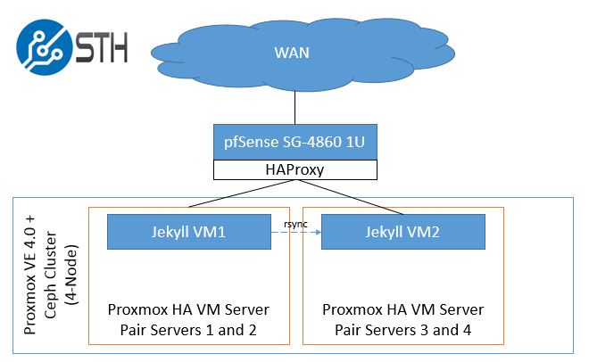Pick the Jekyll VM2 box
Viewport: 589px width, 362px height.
[x=402, y=232]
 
